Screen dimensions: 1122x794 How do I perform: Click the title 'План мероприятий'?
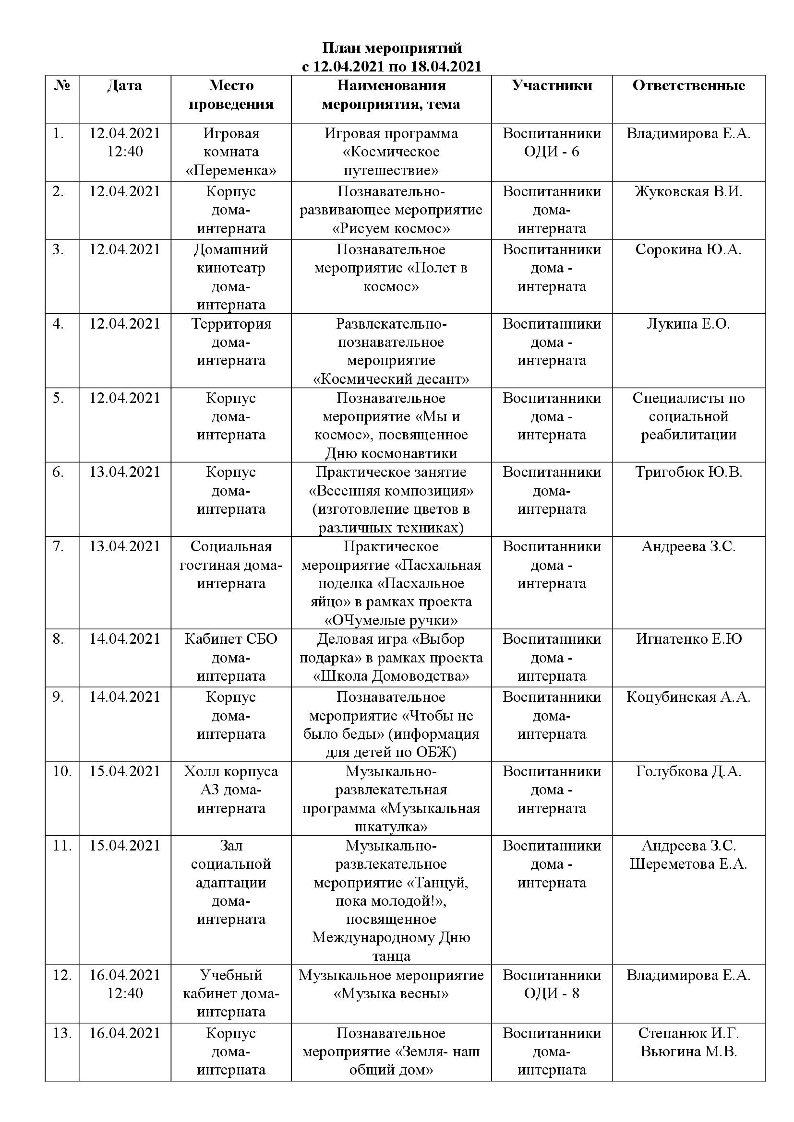pyautogui.click(x=392, y=48)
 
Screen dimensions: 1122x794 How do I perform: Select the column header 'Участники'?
pyautogui.click(x=552, y=85)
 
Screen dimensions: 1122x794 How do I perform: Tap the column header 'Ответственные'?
pyautogui.click(x=688, y=85)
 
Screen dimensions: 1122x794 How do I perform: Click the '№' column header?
pyautogui.click(x=62, y=85)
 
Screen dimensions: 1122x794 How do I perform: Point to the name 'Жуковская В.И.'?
pyautogui.click(x=688, y=191)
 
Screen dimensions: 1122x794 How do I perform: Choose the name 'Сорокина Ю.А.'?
pyautogui.click(x=688, y=250)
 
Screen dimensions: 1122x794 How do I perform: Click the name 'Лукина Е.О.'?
pyautogui.click(x=688, y=324)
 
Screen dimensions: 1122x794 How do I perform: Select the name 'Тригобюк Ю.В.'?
pyautogui.click(x=688, y=472)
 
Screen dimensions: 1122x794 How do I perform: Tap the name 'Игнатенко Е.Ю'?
pyautogui.click(x=688, y=639)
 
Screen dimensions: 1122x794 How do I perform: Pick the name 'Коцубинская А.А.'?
pyautogui.click(x=688, y=697)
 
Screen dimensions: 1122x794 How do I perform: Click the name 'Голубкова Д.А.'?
pyautogui.click(x=688, y=772)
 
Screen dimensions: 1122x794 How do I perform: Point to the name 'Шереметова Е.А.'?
pyautogui.click(x=688, y=864)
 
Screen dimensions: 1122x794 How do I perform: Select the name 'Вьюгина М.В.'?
pyautogui.click(x=688, y=1051)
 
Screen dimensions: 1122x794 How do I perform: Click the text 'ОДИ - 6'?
pyautogui.click(x=552, y=152)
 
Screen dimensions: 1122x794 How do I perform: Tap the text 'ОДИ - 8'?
pyautogui.click(x=552, y=993)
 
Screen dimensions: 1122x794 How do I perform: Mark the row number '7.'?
pyautogui.click(x=59, y=546)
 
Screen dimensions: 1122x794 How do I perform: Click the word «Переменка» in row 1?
pyautogui.click(x=231, y=171)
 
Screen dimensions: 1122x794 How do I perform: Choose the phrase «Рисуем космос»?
pyautogui.click(x=391, y=229)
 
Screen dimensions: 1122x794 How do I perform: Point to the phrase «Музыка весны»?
pyautogui.click(x=391, y=993)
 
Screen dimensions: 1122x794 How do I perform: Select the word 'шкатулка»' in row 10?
pyautogui.click(x=391, y=827)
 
